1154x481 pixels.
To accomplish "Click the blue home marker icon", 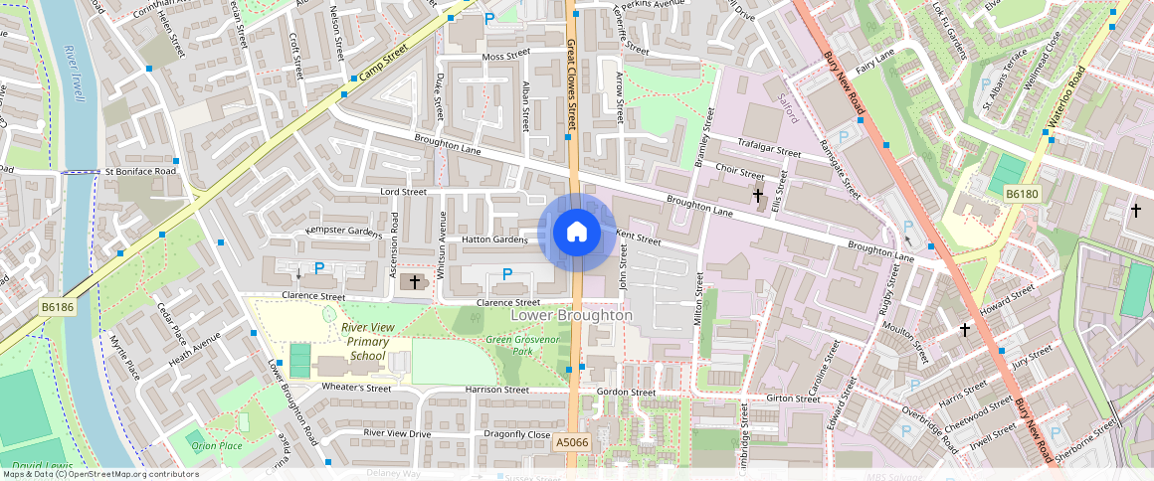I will pos(576,232).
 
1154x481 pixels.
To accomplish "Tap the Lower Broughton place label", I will pos(571,315).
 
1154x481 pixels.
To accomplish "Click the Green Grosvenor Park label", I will pos(523,345).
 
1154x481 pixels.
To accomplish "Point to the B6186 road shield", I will pos(58,308).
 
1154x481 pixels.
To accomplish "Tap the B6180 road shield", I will pos(1021,194).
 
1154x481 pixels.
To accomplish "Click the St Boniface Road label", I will pos(139,172).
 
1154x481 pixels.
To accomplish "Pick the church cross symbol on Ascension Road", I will pos(414,283).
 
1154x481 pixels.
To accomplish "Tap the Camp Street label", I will pos(385,68).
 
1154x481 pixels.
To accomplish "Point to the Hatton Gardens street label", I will pos(493,240).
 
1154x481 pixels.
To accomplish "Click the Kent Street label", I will pos(638,238).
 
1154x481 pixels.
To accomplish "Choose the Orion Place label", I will pos(217,446).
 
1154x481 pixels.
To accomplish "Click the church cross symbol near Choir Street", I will pos(758,196).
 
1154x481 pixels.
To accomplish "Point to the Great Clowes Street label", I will pos(571,84).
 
